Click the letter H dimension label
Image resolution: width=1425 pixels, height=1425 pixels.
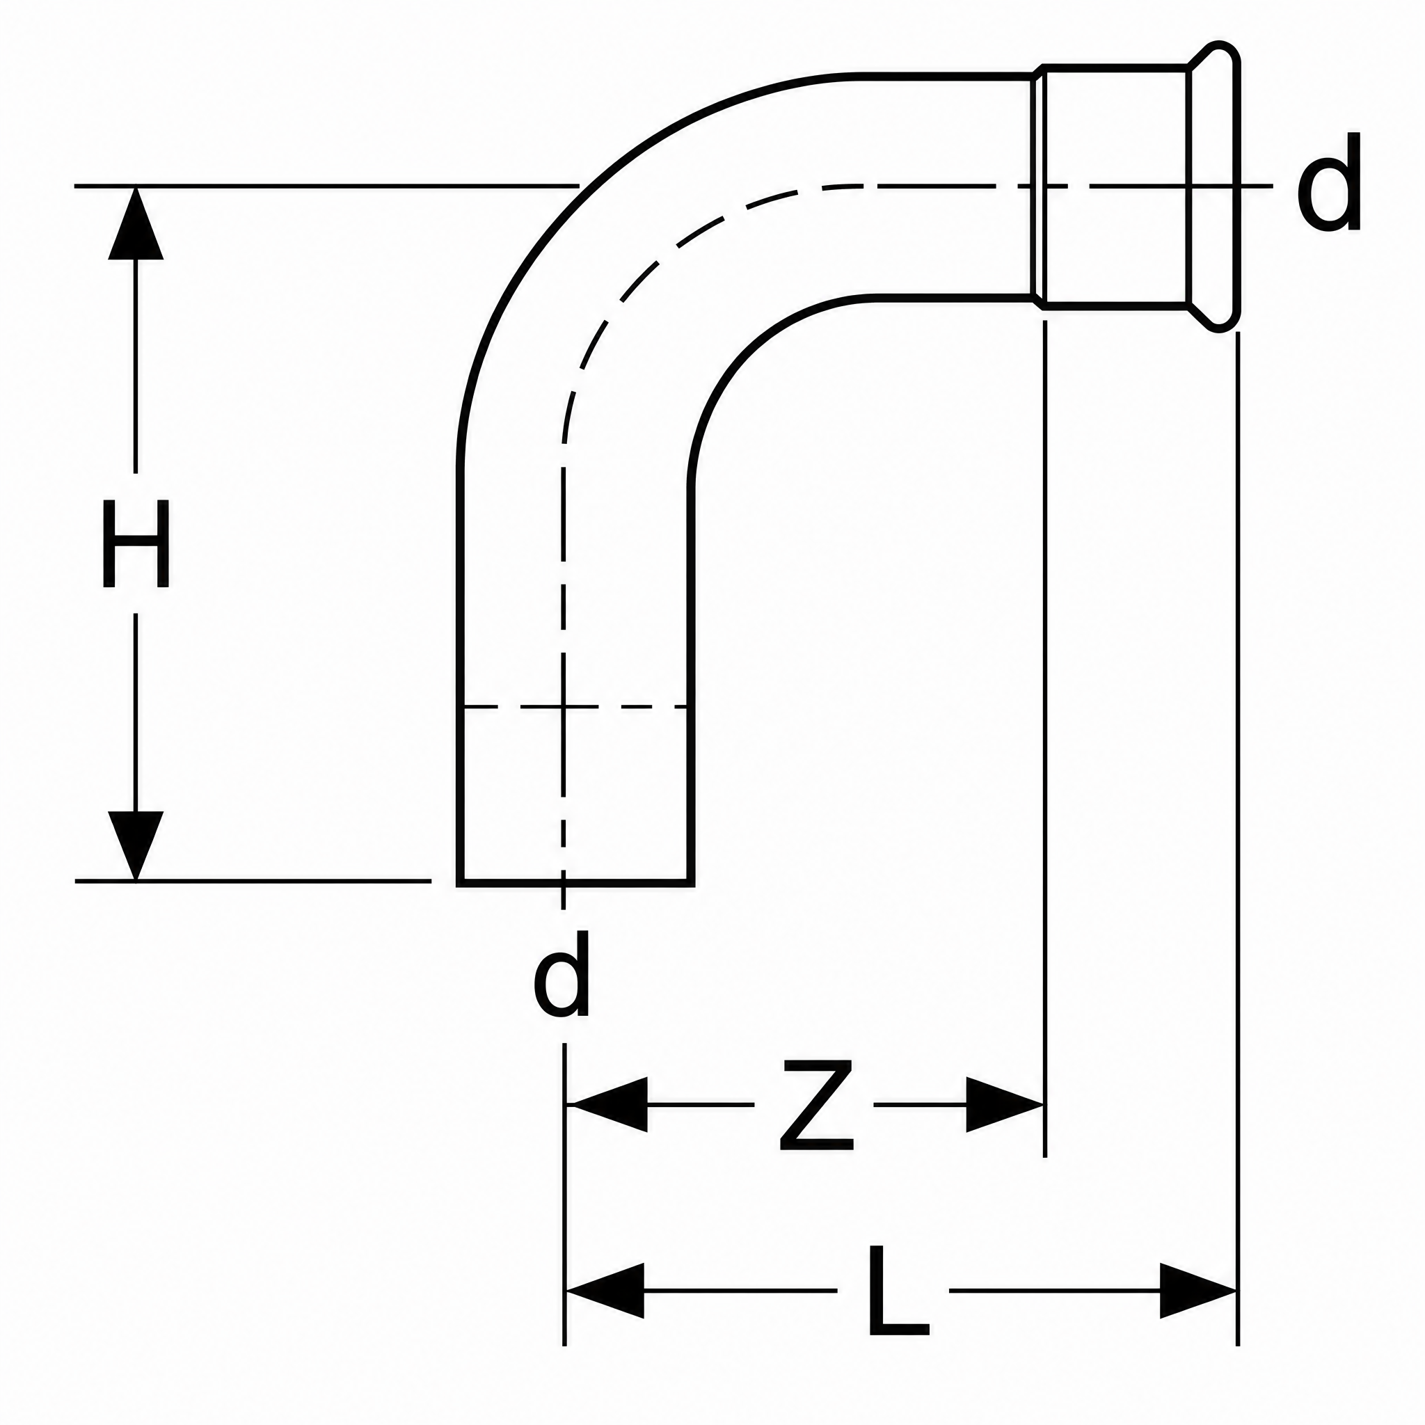pos(136,543)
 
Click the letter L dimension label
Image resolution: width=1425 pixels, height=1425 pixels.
pos(898,1291)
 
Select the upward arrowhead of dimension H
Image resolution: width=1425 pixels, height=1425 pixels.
pos(136,223)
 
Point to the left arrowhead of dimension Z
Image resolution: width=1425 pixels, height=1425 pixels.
pos(606,1105)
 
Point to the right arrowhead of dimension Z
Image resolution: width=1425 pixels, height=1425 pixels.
pos(1005,1105)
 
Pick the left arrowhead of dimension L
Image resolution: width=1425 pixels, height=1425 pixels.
pos(605,1291)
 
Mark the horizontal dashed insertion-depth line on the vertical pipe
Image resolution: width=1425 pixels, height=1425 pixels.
pos(576,707)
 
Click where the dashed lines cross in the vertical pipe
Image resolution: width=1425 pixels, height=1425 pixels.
pos(564,707)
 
